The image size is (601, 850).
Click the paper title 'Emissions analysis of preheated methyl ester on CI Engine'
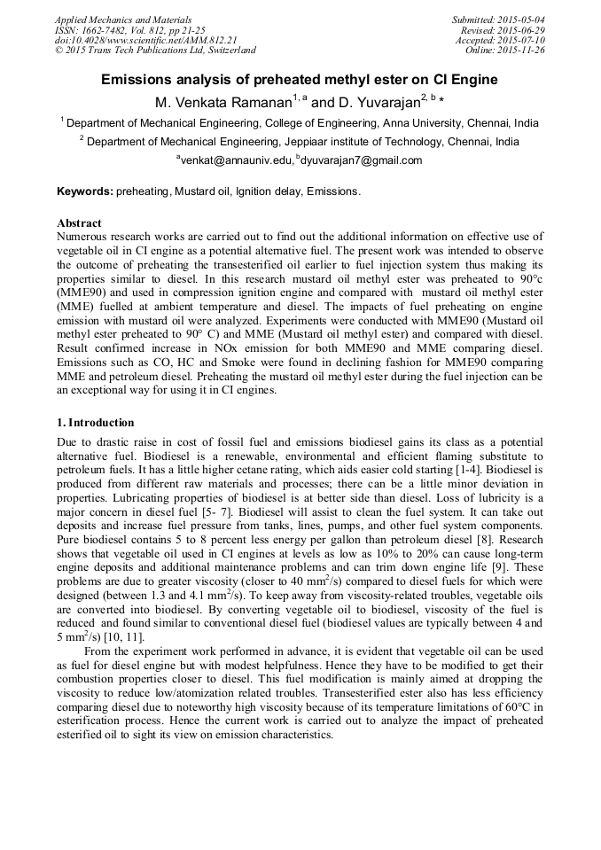[300, 80]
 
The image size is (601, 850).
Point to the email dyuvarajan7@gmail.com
[349, 160]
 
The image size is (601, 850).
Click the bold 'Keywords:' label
[85, 191]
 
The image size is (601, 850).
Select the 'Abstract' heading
[79, 223]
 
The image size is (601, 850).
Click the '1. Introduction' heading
[96, 423]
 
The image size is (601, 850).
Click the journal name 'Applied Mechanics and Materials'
[123, 19]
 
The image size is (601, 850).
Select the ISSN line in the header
[129, 30]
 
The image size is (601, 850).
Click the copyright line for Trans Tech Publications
[155, 51]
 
